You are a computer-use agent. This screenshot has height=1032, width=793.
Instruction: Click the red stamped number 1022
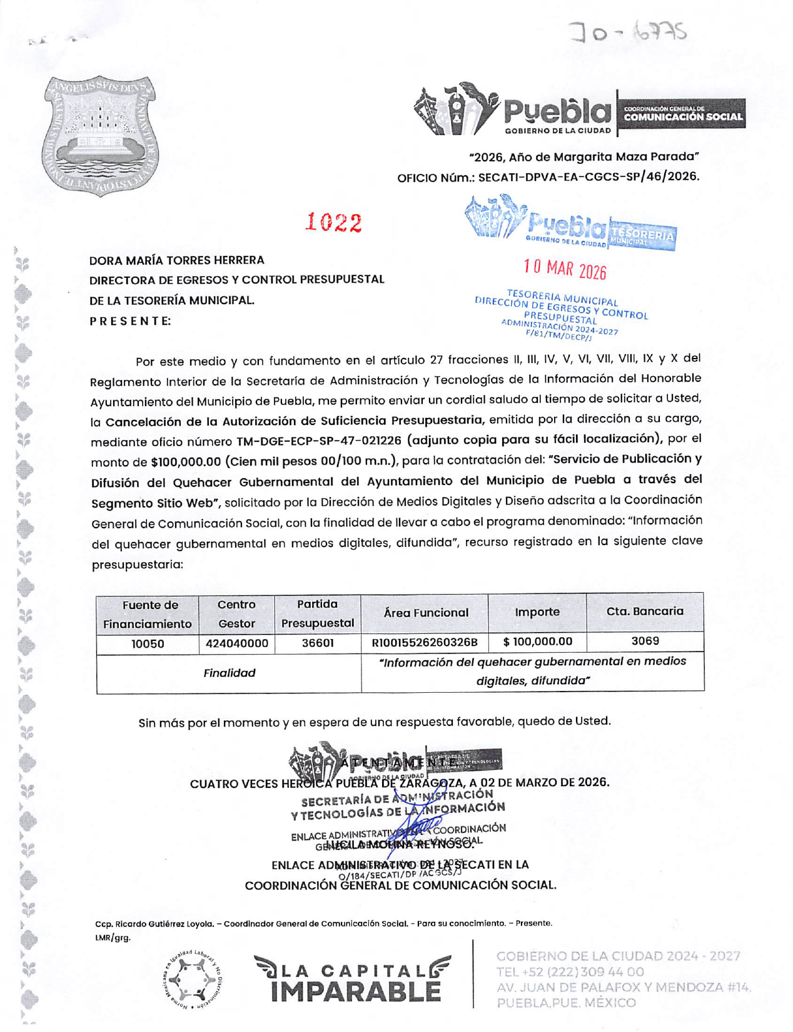click(334, 223)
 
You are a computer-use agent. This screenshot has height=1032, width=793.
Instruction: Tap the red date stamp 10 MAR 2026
click(565, 269)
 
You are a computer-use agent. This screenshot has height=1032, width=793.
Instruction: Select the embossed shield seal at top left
click(100, 136)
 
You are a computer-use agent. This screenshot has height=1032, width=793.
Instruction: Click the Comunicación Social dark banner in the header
click(682, 114)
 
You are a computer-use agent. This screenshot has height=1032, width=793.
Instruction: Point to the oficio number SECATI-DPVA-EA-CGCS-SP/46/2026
click(588, 177)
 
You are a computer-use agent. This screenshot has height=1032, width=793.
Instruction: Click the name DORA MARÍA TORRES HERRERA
click(177, 260)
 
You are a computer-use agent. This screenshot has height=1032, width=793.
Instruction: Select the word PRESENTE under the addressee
click(130, 322)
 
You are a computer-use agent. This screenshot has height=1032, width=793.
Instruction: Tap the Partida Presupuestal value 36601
click(318, 643)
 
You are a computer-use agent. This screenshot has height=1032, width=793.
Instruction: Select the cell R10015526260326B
click(425, 643)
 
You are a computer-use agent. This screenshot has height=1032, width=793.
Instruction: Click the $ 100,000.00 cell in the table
click(537, 641)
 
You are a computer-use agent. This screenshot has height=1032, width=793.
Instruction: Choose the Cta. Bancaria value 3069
click(645, 641)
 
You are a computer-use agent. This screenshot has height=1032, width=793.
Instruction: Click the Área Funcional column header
click(425, 613)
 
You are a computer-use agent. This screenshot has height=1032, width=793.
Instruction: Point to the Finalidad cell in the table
click(230, 673)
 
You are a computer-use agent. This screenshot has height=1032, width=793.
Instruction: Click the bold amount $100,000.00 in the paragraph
click(186, 462)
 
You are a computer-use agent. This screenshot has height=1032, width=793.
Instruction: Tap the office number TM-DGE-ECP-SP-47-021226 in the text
click(318, 441)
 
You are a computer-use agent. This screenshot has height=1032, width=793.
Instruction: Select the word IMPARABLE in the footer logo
click(356, 991)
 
